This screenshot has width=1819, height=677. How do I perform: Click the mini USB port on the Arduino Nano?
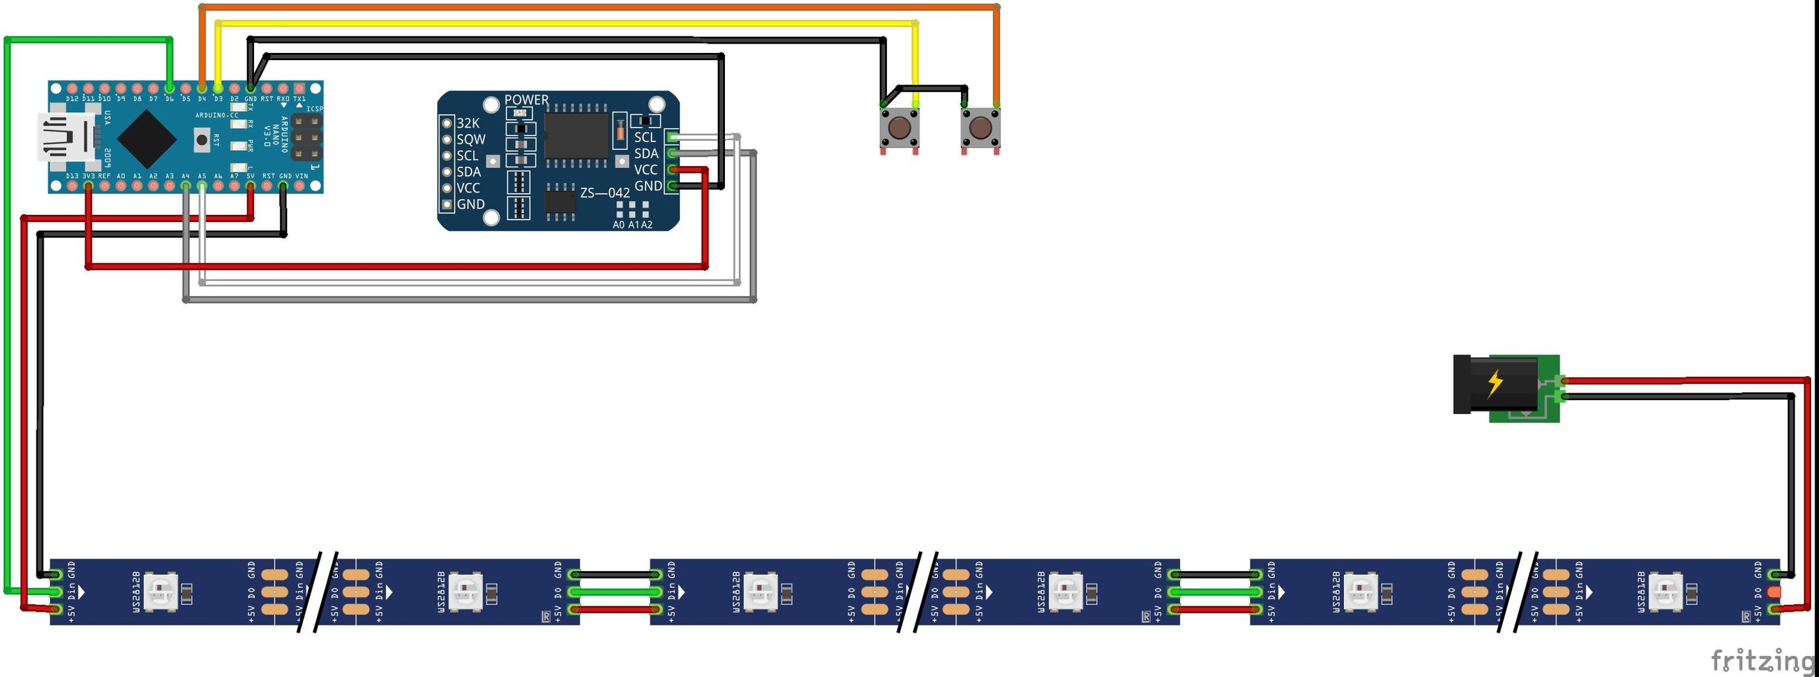[x=67, y=137]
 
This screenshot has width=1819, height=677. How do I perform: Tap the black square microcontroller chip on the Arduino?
[x=146, y=138]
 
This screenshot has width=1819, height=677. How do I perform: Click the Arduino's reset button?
[x=202, y=139]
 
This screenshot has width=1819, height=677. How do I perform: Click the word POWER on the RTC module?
[x=526, y=100]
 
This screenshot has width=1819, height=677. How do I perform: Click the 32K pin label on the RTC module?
[x=468, y=123]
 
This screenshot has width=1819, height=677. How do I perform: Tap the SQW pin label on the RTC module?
[x=470, y=139]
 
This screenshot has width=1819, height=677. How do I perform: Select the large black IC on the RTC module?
[x=576, y=135]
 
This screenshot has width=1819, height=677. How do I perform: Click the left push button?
[x=899, y=128]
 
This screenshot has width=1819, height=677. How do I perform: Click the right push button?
[x=980, y=128]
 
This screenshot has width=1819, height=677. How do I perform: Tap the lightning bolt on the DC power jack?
[x=1495, y=383]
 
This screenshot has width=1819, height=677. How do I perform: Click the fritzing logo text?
[x=1761, y=660]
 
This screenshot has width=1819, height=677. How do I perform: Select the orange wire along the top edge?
[x=600, y=7]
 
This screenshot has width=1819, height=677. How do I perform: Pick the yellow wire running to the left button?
[x=565, y=23]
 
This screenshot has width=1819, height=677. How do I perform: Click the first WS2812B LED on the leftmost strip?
[x=161, y=592]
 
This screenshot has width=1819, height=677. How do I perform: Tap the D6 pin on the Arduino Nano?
[x=169, y=88]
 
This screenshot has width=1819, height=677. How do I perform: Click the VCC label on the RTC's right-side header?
[x=646, y=169]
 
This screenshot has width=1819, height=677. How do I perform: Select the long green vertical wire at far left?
[x=7, y=318]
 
